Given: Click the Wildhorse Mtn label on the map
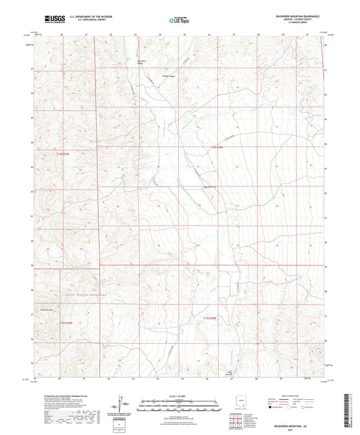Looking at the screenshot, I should [47, 309].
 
